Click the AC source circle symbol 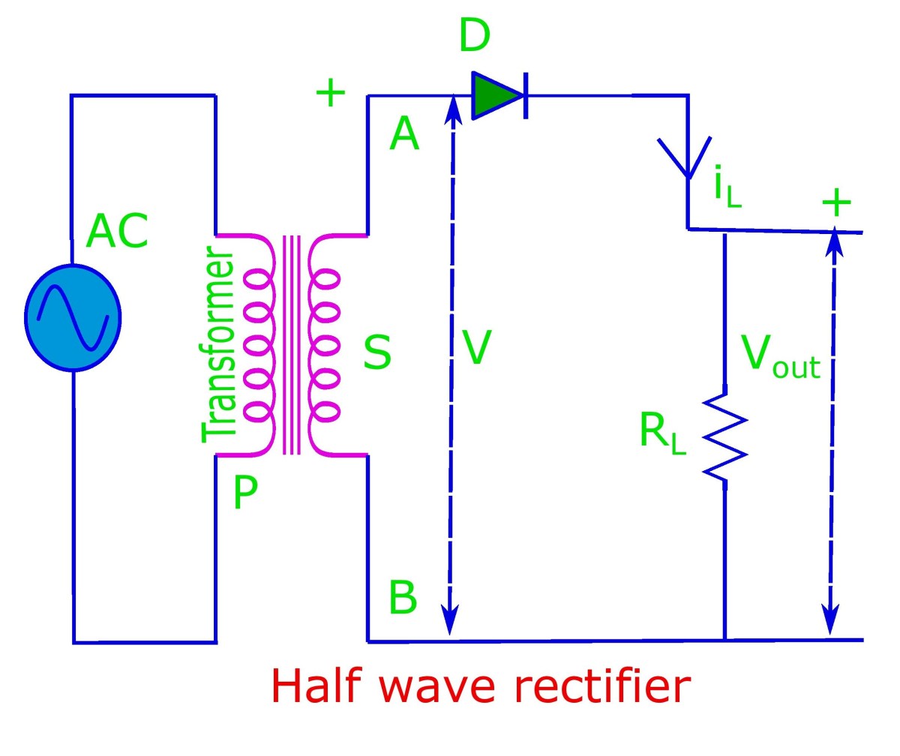pyautogui.click(x=73, y=317)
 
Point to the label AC pyautogui.click(x=117, y=232)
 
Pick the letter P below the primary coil pyautogui.click(x=244, y=493)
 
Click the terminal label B pyautogui.click(x=403, y=598)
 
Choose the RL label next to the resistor pyautogui.click(x=662, y=433)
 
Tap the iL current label pyautogui.click(x=726, y=190)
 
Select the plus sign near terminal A pyautogui.click(x=330, y=94)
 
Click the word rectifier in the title pyautogui.click(x=583, y=685)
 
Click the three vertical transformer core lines pyautogui.click(x=292, y=345)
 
